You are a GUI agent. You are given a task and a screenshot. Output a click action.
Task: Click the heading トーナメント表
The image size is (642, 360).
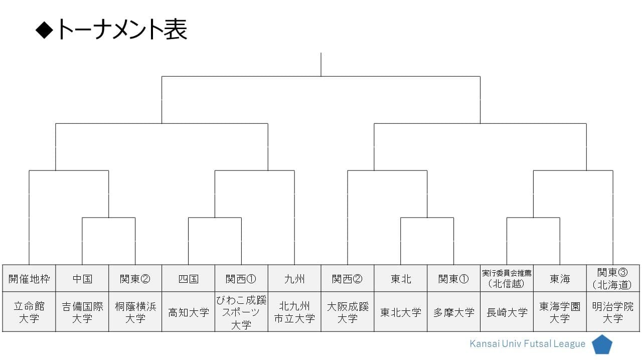(x=122, y=30)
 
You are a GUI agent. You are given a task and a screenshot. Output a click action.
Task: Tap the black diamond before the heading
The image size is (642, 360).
(x=45, y=30)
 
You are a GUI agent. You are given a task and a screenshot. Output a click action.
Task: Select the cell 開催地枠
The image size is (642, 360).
(x=29, y=278)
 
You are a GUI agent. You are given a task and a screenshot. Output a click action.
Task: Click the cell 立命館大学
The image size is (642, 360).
(x=29, y=312)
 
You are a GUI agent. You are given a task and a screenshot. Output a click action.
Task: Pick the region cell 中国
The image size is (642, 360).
(x=82, y=278)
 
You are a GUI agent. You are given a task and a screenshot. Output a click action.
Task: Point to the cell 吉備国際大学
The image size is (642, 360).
(x=82, y=312)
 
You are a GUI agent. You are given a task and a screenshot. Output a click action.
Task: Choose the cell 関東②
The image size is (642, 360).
(x=135, y=278)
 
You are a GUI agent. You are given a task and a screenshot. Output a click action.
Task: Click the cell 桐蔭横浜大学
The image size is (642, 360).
(x=135, y=312)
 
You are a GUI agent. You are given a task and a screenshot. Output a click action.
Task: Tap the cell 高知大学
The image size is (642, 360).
(x=188, y=312)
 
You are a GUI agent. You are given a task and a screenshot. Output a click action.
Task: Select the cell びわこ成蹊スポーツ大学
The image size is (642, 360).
(x=241, y=312)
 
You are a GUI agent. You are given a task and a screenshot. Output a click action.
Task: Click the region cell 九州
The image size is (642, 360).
(x=294, y=278)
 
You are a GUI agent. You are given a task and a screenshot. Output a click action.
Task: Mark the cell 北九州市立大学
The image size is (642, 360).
(x=294, y=312)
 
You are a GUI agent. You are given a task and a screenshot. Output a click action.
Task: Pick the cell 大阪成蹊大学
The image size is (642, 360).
(x=348, y=312)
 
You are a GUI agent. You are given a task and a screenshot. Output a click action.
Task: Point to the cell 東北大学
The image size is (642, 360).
(x=401, y=312)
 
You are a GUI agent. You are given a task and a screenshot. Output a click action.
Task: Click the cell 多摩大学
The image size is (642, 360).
(x=454, y=312)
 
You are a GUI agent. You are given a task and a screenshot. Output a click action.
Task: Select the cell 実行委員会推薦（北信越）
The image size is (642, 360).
(x=507, y=278)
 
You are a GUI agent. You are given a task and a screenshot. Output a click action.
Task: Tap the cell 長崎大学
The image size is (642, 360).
(x=507, y=312)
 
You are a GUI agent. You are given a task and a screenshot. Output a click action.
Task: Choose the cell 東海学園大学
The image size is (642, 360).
(x=560, y=312)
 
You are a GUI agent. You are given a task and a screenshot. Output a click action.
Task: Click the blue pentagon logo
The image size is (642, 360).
(x=602, y=345)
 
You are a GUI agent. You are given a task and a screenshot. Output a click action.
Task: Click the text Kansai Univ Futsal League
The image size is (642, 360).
(x=527, y=343)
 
